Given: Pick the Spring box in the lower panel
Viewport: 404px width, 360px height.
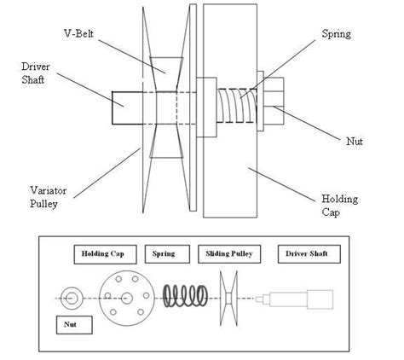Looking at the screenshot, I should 163,254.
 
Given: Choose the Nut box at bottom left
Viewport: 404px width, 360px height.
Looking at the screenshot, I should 67,325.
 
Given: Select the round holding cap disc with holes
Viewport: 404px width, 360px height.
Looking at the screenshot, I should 124,298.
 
